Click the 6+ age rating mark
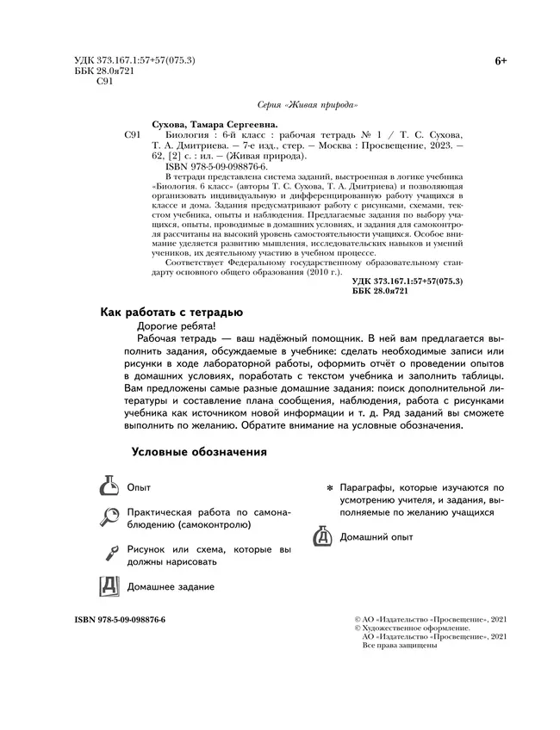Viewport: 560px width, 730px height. click(501, 60)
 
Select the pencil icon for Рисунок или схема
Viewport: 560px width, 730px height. click(108, 554)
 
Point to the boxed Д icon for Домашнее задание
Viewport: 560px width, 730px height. click(108, 586)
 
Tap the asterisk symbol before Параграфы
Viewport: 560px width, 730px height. click(329, 488)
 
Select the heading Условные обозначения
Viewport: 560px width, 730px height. click(198, 452)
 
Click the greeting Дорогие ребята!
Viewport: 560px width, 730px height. click(175, 327)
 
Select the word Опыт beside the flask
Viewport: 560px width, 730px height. click(139, 487)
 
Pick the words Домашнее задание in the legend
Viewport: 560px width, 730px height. click(171, 587)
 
